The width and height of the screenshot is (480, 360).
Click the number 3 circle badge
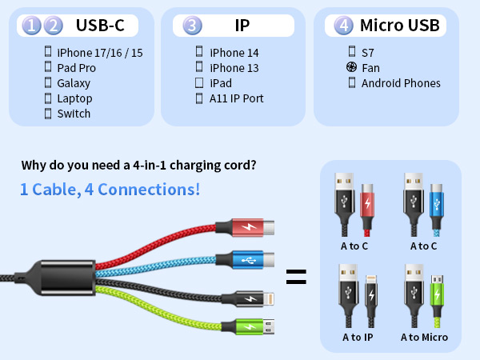pos(192,26)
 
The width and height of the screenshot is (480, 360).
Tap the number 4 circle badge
pos(344,26)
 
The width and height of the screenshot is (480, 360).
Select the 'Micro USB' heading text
pos(399,26)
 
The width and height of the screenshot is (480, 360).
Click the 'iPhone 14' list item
pos(234,53)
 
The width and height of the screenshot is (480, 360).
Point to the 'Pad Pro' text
pos(77,68)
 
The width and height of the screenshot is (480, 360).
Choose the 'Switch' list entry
pos(74,114)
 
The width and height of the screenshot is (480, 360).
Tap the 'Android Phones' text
pos(401,83)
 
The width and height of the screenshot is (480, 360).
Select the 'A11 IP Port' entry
pos(237,98)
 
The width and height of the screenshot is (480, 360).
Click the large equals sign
pos(296,278)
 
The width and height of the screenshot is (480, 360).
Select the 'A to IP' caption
pos(358,337)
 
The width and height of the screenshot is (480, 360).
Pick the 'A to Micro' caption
pos(424,337)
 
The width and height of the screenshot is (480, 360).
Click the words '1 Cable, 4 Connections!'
pos(110,190)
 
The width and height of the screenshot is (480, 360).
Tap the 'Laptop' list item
pos(74,98)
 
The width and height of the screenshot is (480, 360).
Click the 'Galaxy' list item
pos(74,83)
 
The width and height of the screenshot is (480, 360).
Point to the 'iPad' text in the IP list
pos(221,83)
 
